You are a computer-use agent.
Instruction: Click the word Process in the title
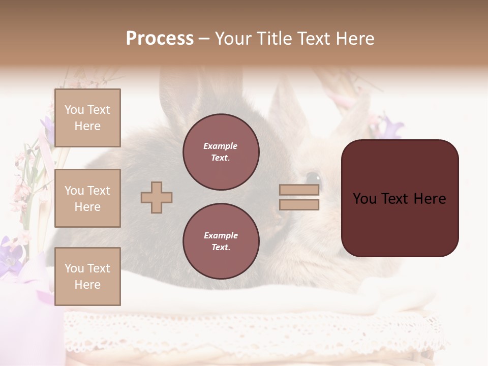coord(160,39)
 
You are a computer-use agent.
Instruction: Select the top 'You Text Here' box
coord(87,118)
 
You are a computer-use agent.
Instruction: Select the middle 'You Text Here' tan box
coord(87,198)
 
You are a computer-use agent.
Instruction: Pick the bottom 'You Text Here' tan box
coord(87,276)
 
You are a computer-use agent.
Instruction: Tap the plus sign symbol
coord(157,197)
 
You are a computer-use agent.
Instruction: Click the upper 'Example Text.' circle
coord(221,152)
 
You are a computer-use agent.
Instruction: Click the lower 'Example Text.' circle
coord(221,241)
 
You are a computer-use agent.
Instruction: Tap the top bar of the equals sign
coord(299,190)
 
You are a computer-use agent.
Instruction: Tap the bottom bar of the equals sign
coord(299,204)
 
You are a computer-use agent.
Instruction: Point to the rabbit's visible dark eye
coord(314,177)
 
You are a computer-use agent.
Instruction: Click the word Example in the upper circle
coord(221,146)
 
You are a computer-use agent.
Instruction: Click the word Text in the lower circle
coord(220,248)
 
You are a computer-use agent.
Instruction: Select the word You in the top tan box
coord(74,110)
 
